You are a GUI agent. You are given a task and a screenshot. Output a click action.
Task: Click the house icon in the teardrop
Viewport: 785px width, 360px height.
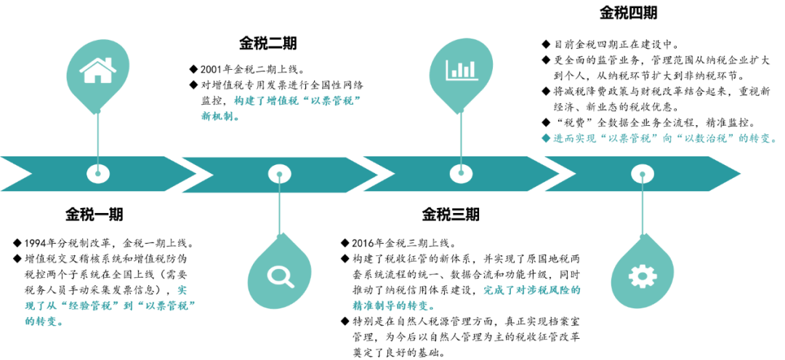(98, 71)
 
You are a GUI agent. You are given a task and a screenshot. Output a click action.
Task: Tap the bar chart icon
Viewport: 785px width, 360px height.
(461, 70)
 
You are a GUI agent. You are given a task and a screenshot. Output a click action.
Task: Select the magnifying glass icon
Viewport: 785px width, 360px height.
(279, 275)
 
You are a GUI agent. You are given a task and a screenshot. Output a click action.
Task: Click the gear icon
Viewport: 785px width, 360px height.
(642, 276)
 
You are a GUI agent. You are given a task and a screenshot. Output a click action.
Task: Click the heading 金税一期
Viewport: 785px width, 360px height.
(94, 215)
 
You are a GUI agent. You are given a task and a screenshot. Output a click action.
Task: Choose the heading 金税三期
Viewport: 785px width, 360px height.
(450, 215)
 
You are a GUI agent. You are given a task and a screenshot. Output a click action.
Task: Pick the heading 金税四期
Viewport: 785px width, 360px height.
(629, 12)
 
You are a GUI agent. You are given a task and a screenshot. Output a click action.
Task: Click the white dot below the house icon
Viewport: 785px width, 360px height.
(98, 173)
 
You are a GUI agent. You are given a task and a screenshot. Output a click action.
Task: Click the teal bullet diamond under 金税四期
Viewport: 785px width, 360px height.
(547, 137)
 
